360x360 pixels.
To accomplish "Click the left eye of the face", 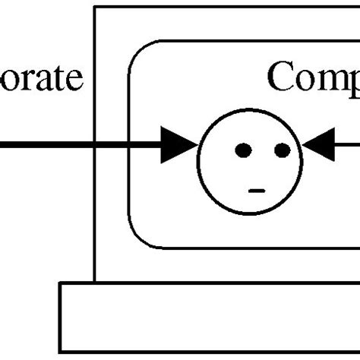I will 243,150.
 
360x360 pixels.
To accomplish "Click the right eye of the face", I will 282,150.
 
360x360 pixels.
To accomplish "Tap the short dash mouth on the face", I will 257,190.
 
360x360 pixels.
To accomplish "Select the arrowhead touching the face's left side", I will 179,145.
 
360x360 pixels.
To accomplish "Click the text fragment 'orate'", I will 41,79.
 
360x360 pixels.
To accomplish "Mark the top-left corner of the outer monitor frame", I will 95,7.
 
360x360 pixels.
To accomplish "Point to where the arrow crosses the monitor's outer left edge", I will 95,145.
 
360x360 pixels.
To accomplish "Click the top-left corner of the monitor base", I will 60,283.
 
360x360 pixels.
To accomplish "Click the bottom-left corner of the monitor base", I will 60,352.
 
